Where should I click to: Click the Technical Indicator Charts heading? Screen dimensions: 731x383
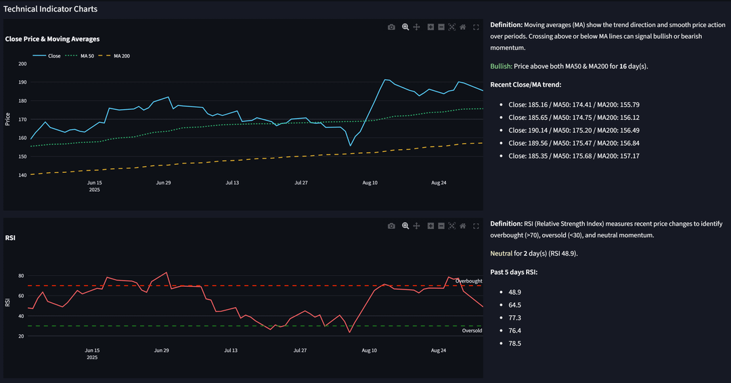pos(50,9)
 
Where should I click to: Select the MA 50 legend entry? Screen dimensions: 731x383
pos(79,56)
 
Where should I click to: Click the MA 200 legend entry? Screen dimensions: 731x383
pos(114,56)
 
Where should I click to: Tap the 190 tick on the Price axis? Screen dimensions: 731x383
pos(22,82)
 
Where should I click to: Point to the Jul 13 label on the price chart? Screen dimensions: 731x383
pos(232,182)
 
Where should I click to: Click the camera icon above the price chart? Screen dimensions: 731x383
pos(392,27)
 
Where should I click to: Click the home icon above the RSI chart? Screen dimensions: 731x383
pos(463,226)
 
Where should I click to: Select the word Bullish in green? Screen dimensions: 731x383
pos(501,66)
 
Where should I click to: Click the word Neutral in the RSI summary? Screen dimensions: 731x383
pos(501,254)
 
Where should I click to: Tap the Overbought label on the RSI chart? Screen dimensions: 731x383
pos(468,281)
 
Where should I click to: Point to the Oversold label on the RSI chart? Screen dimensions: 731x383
pos(472,331)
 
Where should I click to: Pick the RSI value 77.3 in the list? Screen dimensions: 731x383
pos(514,318)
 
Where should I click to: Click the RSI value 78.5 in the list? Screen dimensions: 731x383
pos(514,343)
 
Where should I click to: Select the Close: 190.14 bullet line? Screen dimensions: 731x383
pos(574,130)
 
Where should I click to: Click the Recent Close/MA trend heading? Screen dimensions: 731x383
pos(525,85)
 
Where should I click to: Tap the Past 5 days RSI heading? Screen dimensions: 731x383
pos(514,273)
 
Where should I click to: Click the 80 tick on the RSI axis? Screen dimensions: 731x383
pos(21,276)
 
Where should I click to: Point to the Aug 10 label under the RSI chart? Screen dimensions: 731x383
pos(370,350)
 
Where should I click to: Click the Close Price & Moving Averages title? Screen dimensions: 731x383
pos(52,39)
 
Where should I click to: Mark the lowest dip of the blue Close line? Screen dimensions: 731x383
pos(350,146)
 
